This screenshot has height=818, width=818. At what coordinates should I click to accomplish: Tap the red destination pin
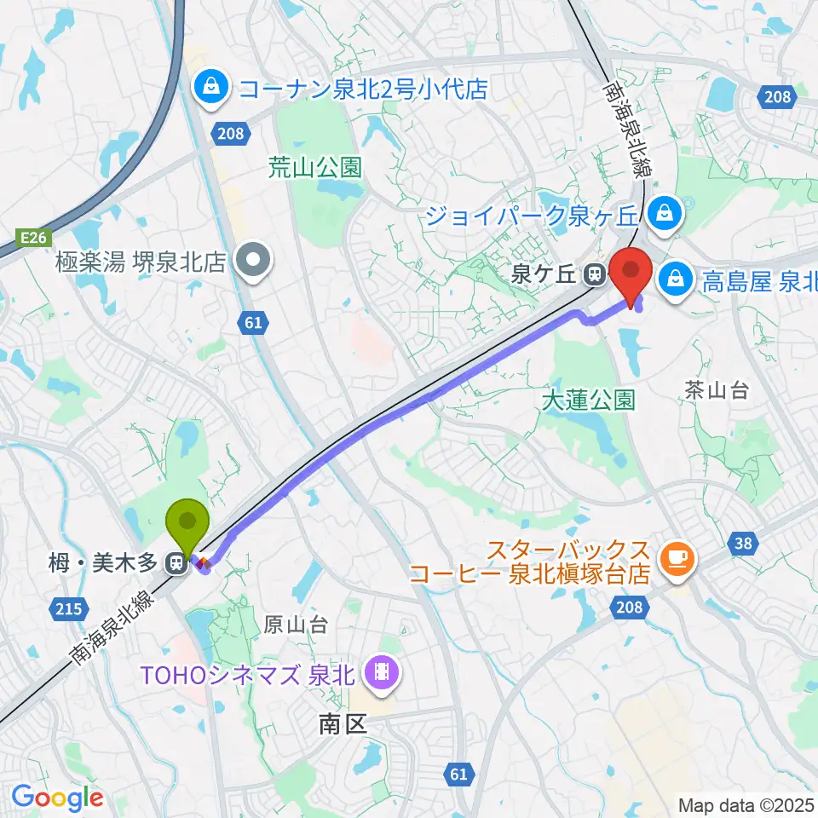pyautogui.click(x=631, y=270)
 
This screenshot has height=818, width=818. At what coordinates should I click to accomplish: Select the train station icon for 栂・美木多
pyautogui.click(x=176, y=562)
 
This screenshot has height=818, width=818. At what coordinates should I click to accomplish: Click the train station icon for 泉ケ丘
pyautogui.click(x=593, y=274)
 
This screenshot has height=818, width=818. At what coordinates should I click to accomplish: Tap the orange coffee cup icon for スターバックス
pyautogui.click(x=680, y=560)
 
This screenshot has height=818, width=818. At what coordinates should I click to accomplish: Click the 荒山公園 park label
pyautogui.click(x=303, y=167)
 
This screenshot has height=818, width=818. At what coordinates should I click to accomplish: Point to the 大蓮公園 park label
pyautogui.click(x=589, y=399)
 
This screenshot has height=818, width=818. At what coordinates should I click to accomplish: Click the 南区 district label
pyautogui.click(x=342, y=724)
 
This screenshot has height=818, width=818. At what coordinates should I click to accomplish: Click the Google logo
pyautogui.click(x=58, y=798)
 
